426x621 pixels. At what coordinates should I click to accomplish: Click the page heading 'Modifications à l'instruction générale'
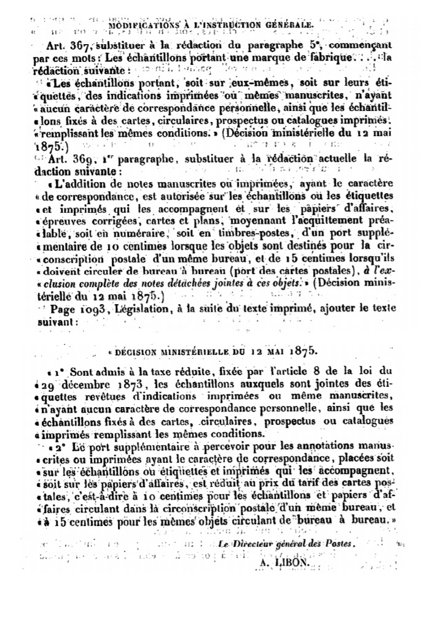point(212,25)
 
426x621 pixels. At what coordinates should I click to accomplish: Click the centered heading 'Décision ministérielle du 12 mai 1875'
point(212,351)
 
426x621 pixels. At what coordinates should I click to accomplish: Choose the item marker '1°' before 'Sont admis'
point(58,372)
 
